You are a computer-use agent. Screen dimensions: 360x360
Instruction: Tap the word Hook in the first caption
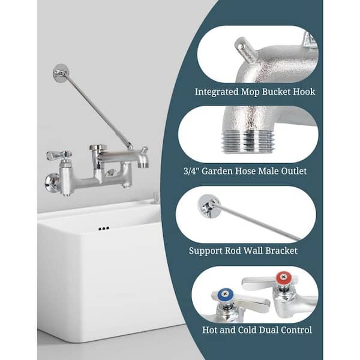click(x=304, y=92)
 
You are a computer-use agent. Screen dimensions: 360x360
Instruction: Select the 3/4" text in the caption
click(x=191, y=171)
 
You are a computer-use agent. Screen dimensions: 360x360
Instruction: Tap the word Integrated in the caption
click(x=217, y=92)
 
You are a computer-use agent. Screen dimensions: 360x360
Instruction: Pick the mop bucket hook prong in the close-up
click(x=245, y=47)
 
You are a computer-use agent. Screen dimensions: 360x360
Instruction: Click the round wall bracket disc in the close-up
click(x=209, y=205)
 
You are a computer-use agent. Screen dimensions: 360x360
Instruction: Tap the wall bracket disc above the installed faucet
click(x=61, y=73)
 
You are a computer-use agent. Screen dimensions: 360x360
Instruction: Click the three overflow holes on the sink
click(x=104, y=229)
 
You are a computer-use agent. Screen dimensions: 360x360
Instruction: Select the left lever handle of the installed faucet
click(x=59, y=155)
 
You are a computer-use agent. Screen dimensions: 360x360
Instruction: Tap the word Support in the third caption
click(x=205, y=251)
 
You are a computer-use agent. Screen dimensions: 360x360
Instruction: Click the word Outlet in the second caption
click(x=293, y=171)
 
